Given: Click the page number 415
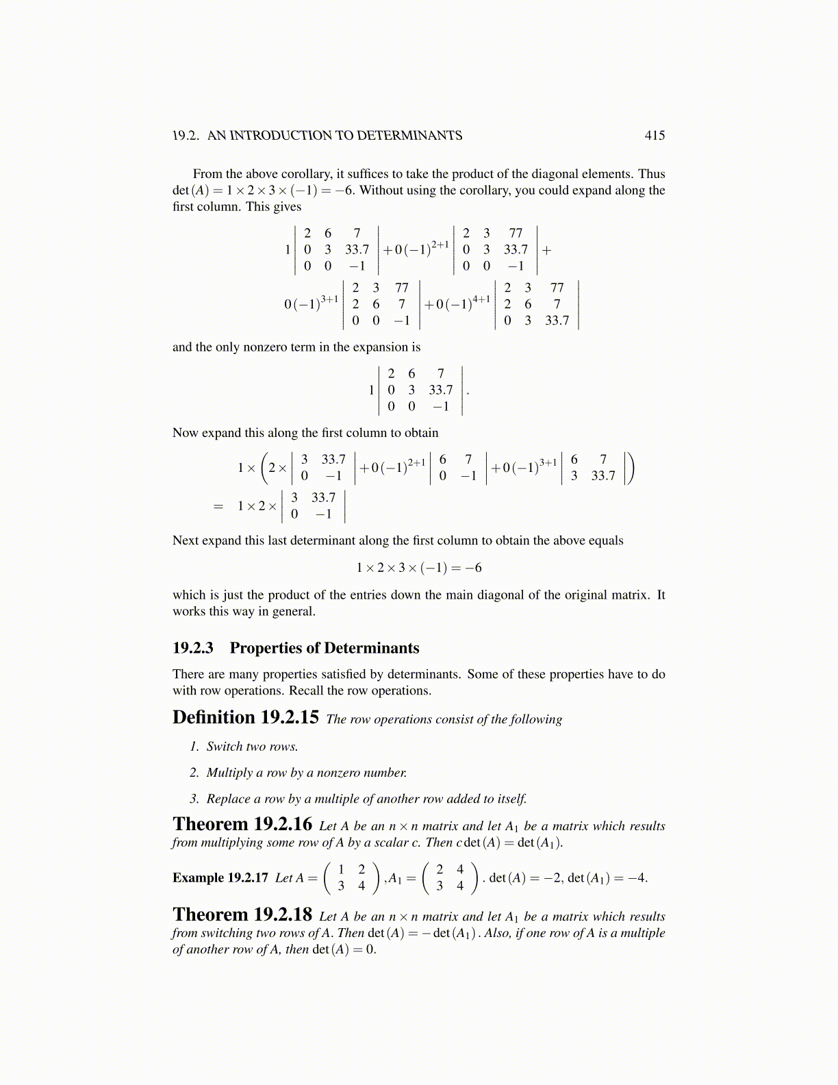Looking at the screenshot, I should coord(655,136).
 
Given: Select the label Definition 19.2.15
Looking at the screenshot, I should coord(245,718).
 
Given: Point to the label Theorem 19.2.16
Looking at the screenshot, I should coord(242,824).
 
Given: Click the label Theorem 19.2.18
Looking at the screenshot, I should coord(242,915).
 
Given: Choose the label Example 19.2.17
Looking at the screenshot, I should coord(220,878).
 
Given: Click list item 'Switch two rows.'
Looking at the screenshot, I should coord(252,747).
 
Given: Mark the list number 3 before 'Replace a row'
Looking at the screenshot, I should coord(194,799).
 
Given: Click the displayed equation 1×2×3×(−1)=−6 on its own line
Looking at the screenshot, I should coord(418,568).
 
